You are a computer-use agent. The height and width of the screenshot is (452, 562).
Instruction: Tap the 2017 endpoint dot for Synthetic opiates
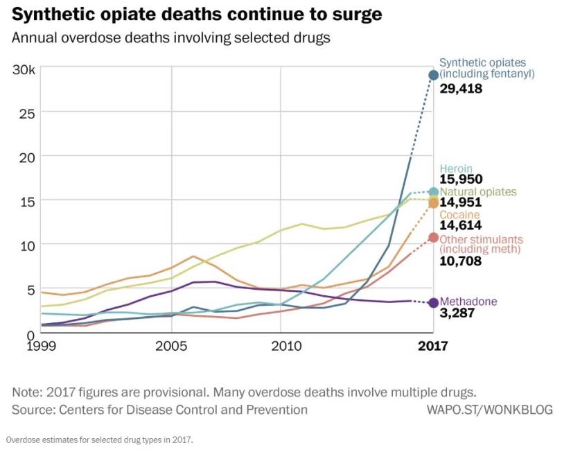[434, 75]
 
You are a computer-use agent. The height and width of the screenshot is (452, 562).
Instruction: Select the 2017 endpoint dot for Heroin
[434, 192]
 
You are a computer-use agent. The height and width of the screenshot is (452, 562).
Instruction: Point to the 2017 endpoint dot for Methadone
[434, 303]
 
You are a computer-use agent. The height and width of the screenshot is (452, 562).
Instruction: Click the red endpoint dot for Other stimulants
[434, 238]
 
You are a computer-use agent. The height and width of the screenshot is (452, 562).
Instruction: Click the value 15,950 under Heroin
[461, 180]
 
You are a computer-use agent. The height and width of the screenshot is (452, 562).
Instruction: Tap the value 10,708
[461, 261]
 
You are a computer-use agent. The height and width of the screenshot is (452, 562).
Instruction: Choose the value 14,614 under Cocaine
[461, 225]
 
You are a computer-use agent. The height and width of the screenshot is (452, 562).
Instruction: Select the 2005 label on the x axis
[171, 345]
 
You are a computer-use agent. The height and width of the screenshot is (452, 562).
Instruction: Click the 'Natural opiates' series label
[477, 192]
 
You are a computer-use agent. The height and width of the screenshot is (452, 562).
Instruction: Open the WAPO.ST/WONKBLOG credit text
[489, 410]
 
